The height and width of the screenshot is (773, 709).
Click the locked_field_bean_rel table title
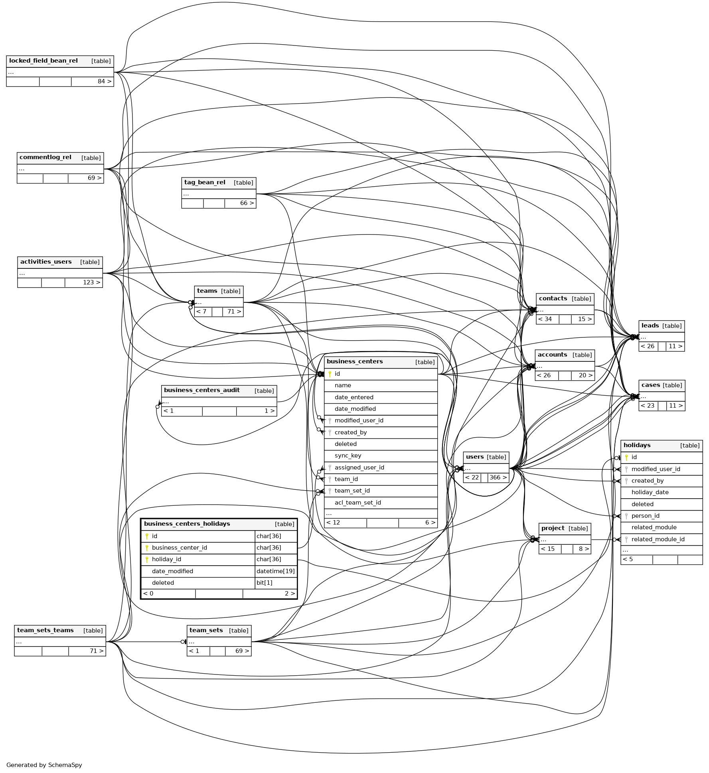click(x=43, y=61)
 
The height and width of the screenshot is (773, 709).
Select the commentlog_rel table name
click(x=45, y=158)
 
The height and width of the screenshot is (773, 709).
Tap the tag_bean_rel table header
click(x=205, y=183)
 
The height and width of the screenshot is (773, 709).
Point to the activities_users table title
click(x=46, y=262)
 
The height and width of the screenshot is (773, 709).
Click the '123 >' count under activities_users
click(x=91, y=283)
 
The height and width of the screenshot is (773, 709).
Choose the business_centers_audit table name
click(x=202, y=390)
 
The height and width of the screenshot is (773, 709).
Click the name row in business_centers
click(x=343, y=386)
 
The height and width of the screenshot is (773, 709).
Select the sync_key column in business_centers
click(x=348, y=456)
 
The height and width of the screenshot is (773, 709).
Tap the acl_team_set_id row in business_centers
click(x=357, y=503)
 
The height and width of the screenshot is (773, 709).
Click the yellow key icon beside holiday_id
click(x=147, y=560)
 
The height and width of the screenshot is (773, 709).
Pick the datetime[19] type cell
click(x=276, y=572)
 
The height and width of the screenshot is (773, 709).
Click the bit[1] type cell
click(x=265, y=583)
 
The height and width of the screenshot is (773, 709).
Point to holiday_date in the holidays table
click(x=650, y=493)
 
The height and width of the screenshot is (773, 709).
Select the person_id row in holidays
click(x=645, y=516)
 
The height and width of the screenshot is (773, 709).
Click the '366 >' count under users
click(x=498, y=478)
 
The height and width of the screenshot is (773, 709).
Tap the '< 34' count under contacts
click(x=545, y=319)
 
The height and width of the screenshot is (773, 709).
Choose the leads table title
click(x=650, y=326)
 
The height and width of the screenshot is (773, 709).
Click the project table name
click(x=553, y=528)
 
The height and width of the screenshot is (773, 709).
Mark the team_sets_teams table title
click(x=45, y=631)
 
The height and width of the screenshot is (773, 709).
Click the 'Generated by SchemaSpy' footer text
click(x=44, y=765)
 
